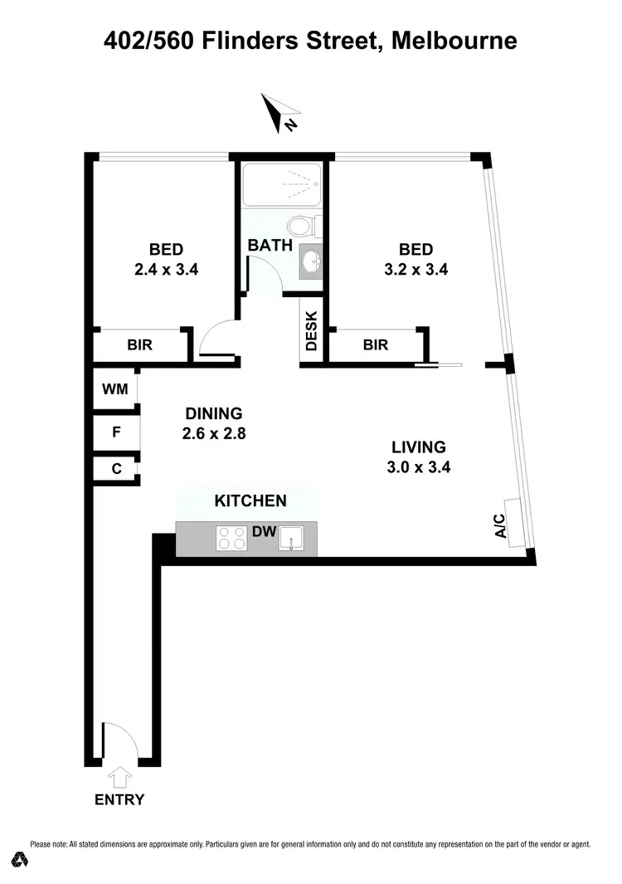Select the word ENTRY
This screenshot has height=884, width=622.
point(119,800)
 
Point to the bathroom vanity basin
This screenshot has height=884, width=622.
point(312,261)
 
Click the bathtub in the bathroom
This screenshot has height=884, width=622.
point(281,183)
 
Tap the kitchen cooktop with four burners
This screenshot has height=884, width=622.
point(232,539)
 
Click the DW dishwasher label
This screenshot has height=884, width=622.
point(264,530)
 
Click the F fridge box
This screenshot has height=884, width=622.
point(116,432)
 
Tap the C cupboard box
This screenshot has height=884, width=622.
point(116,469)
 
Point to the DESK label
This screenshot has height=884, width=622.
point(312,330)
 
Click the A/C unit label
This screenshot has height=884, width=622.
point(500,526)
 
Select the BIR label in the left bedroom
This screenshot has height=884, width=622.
point(140,345)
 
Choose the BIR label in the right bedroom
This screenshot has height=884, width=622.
point(376,344)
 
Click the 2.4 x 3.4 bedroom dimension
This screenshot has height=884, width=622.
point(166,270)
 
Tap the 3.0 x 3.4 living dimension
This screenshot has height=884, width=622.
point(418,466)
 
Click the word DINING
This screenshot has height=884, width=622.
point(213,413)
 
